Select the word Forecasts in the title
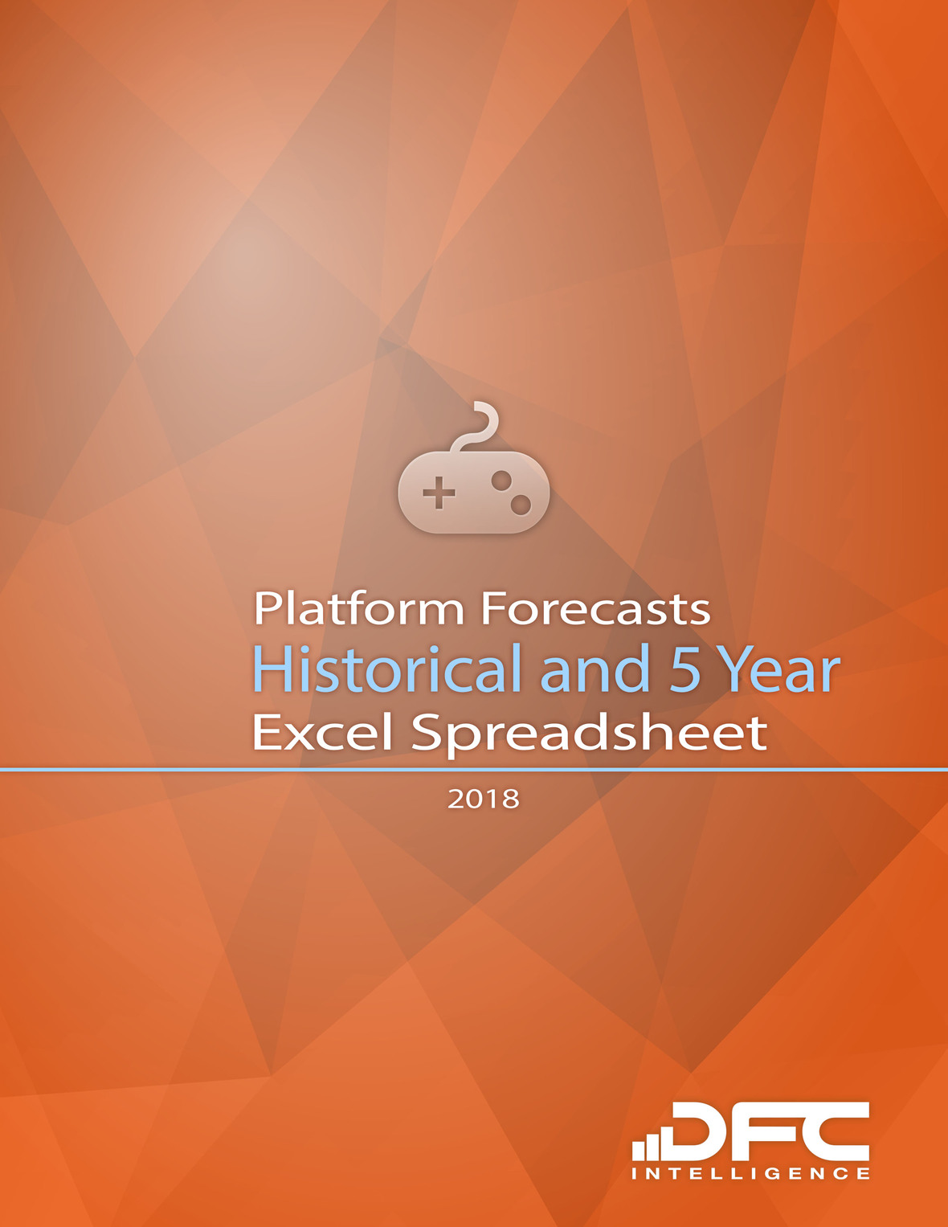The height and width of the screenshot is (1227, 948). pyautogui.click(x=595, y=608)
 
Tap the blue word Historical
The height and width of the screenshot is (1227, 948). pyautogui.click(x=387, y=669)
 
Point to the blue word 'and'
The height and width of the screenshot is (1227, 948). pyautogui.click(x=595, y=669)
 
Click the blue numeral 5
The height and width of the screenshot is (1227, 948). pyautogui.click(x=685, y=669)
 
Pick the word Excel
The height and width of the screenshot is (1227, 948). pyautogui.click(x=323, y=732)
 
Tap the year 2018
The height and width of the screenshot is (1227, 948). pyautogui.click(x=484, y=799)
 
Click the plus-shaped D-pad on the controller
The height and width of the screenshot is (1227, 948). pyautogui.click(x=439, y=493)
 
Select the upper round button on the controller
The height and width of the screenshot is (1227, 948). pyautogui.click(x=501, y=481)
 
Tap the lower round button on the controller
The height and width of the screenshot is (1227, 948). pyautogui.click(x=521, y=505)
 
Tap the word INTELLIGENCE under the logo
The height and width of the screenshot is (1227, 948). pyautogui.click(x=750, y=1174)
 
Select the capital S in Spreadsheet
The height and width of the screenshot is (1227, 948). pyautogui.click(x=430, y=732)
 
